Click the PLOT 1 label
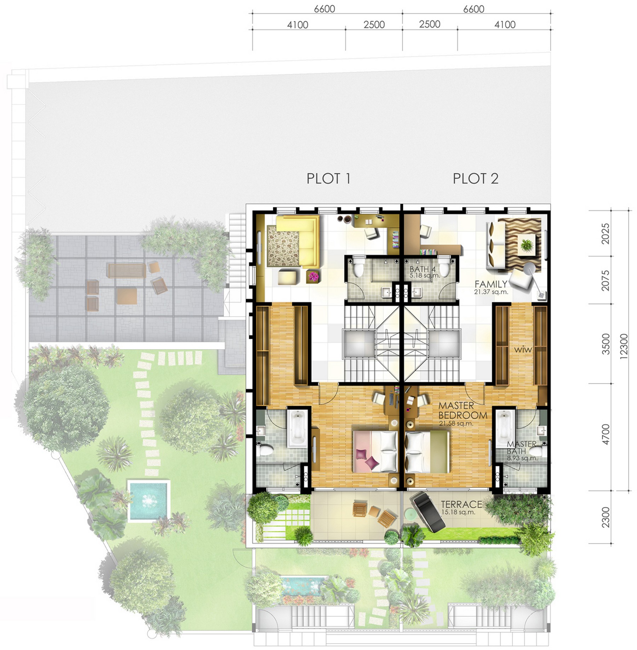point(328,179)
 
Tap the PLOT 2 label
point(476,179)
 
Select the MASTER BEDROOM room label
point(463,411)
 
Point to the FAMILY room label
point(491,284)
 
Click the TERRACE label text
point(461,504)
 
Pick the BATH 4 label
point(423,269)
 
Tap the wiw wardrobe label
point(523,350)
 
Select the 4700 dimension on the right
point(606,434)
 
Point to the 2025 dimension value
point(606,233)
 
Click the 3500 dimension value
point(606,344)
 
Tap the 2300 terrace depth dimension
point(606,517)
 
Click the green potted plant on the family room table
point(527,244)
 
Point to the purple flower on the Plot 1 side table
point(313,277)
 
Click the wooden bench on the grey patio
point(127,271)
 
